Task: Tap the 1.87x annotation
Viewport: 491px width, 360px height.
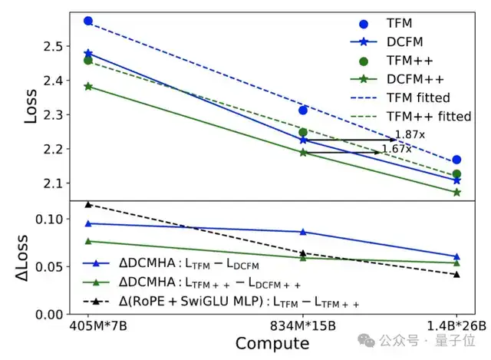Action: pyautogui.click(x=410, y=134)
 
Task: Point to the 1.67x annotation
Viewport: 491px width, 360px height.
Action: pyautogui.click(x=397, y=148)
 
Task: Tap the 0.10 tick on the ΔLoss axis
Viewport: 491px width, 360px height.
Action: pyautogui.click(x=48, y=220)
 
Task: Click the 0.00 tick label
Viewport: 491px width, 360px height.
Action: pyautogui.click(x=48, y=315)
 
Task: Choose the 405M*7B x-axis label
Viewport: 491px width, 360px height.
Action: pyautogui.click(x=88, y=325)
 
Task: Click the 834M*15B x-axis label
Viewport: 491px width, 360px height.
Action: pyautogui.click(x=303, y=325)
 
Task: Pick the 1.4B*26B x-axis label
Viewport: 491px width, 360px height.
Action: pyautogui.click(x=457, y=325)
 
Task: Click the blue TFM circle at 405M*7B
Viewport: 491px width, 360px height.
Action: pyautogui.click(x=88, y=21)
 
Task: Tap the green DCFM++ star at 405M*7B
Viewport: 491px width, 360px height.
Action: pyautogui.click(x=88, y=87)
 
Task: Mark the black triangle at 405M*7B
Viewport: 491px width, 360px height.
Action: pyautogui.click(x=88, y=204)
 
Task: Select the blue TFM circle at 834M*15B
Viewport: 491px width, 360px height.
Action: pyautogui.click(x=303, y=111)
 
